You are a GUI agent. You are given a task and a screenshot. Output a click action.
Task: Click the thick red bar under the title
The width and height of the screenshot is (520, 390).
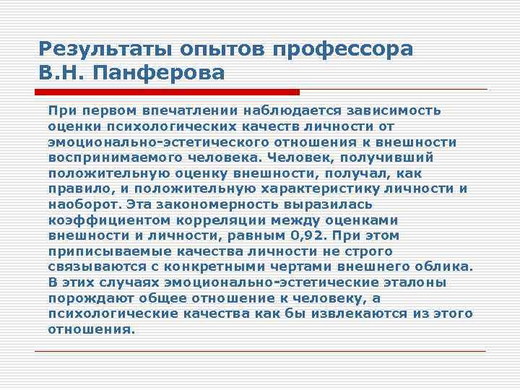click(x=167, y=92)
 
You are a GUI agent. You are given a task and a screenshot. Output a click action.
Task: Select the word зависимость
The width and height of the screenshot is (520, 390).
click(x=396, y=110)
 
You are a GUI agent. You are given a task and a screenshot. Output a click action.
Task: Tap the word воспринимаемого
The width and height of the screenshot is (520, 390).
click(x=103, y=157)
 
